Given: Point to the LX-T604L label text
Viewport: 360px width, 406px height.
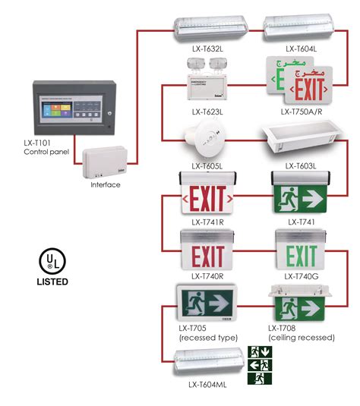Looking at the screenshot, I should [x=302, y=49].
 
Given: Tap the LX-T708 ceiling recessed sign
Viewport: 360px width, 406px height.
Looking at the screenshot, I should [x=302, y=306].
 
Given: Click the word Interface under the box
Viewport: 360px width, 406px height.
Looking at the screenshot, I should [x=106, y=184].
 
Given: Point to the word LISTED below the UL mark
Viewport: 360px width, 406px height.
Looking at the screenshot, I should [x=51, y=282].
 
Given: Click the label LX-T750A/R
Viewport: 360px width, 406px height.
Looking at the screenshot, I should [x=302, y=111].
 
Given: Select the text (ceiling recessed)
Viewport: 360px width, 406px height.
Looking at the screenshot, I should [x=302, y=338].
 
